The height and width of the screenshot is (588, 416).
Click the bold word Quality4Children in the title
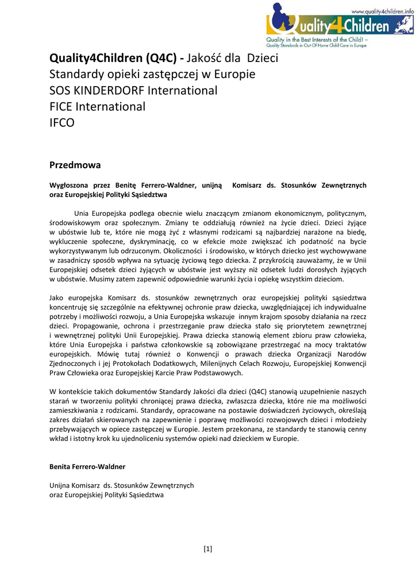[96, 59]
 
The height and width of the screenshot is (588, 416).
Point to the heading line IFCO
[62, 123]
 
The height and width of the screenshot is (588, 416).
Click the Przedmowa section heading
[75, 165]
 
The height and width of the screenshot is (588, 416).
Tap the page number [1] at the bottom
[208, 548]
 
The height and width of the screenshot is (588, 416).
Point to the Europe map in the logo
[402, 25]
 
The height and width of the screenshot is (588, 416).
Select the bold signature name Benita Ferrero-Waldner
[87, 467]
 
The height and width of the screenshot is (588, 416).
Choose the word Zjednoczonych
[75, 363]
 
